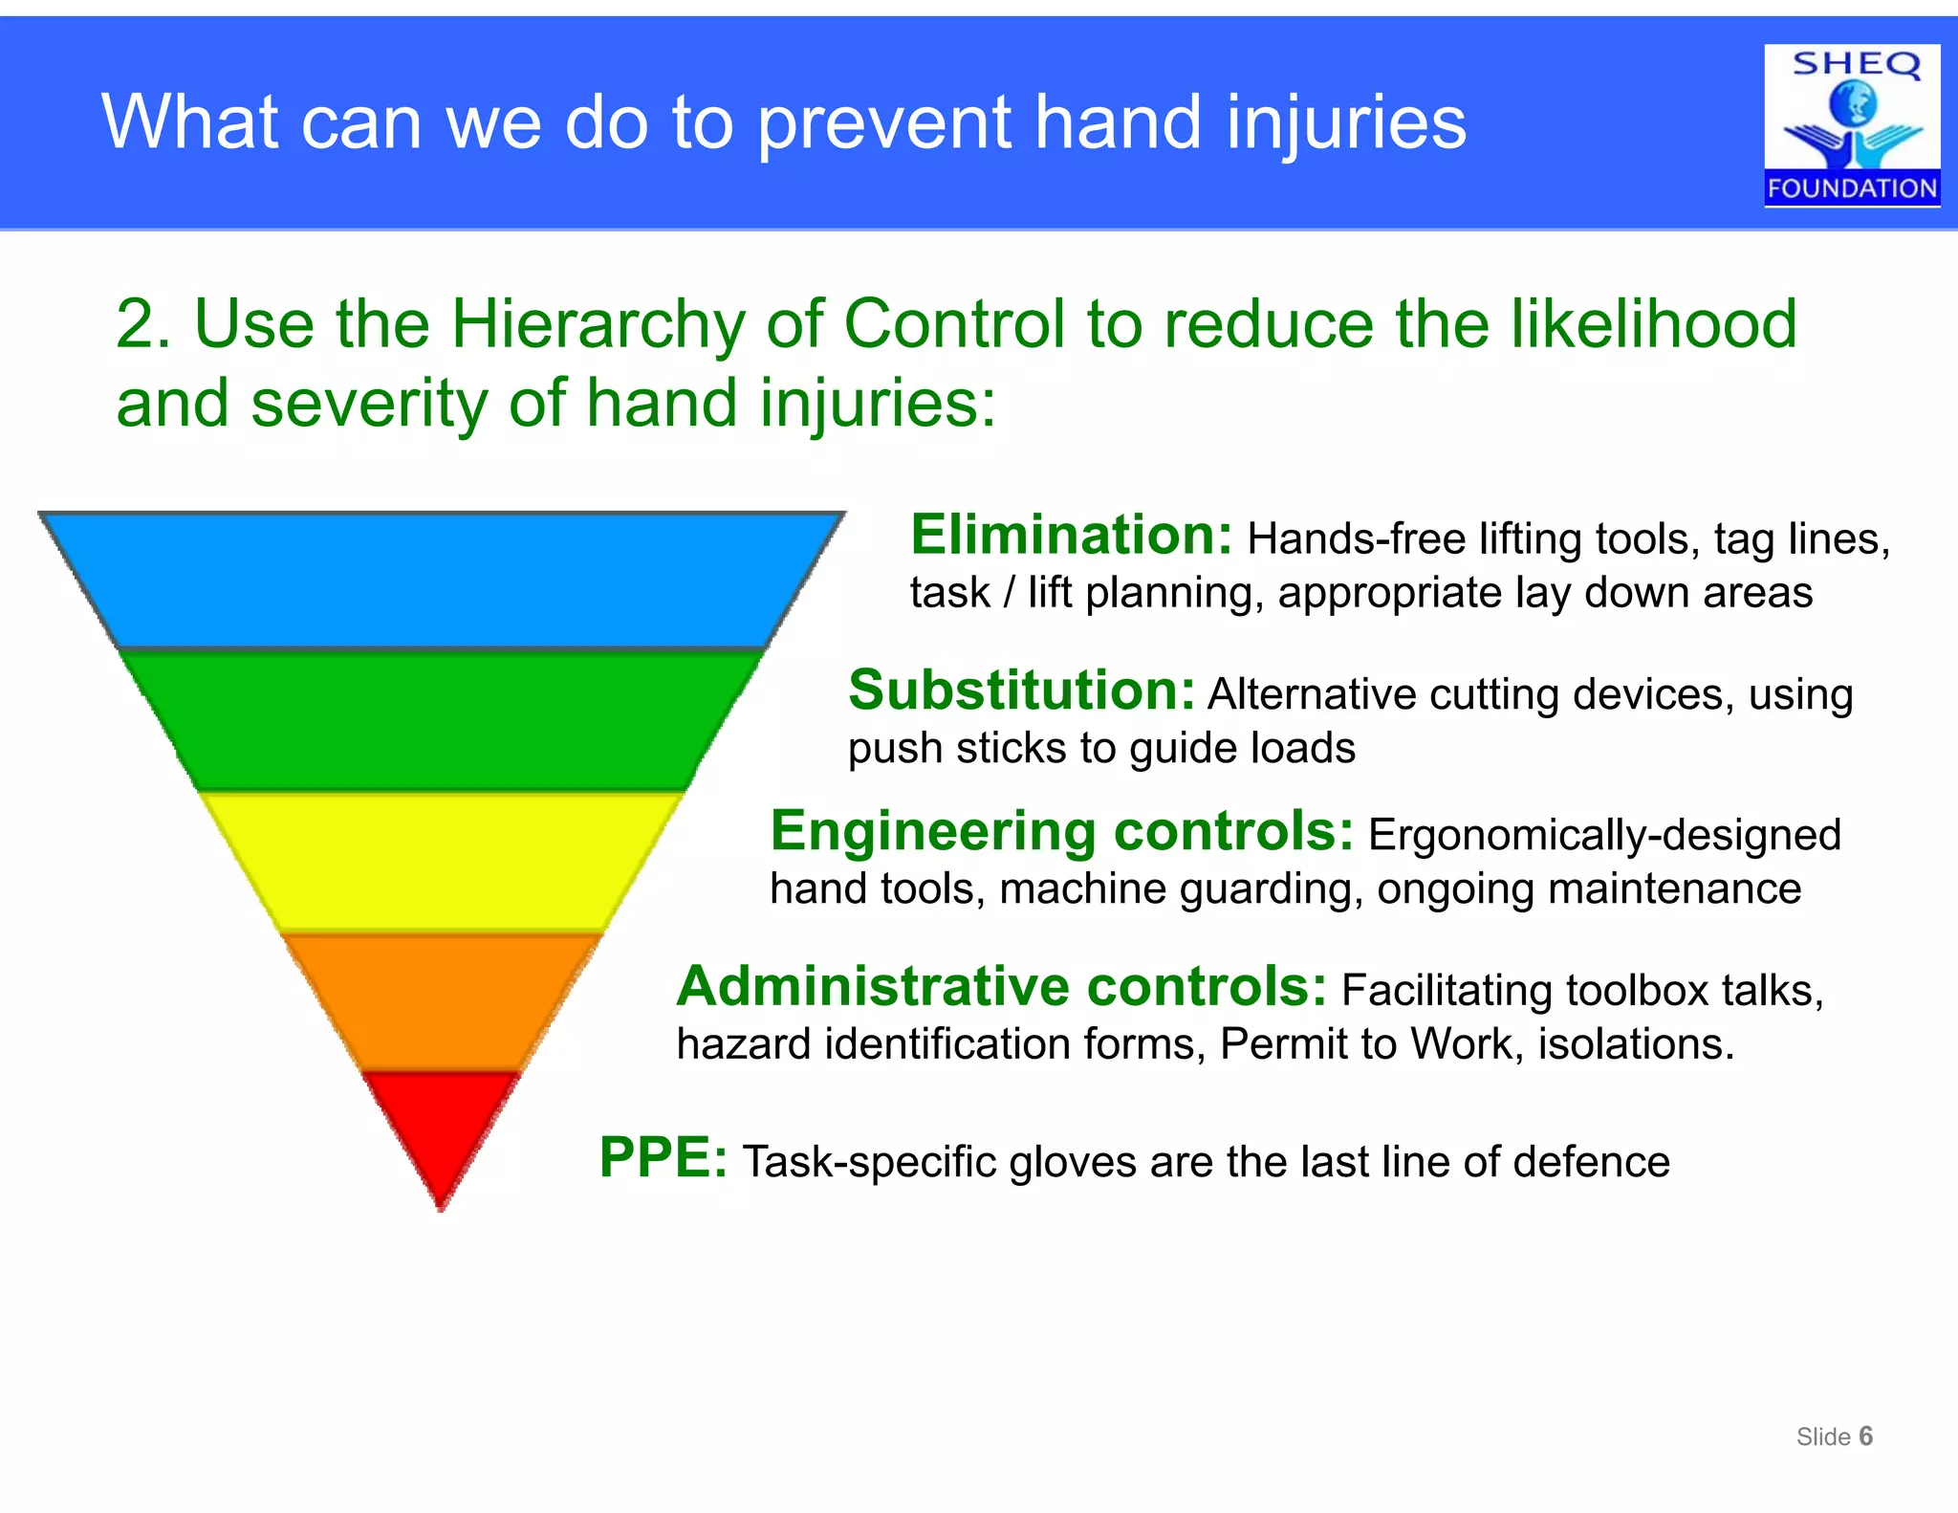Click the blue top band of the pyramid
[442, 581]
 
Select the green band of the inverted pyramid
[442, 720]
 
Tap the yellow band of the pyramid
[442, 861]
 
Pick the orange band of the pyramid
[442, 1001]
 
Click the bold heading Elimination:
[1071, 535]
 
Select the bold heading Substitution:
[1021, 691]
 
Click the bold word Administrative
[873, 986]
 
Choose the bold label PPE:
[663, 1158]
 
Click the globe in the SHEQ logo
[1853, 104]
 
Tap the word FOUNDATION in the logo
[1852, 188]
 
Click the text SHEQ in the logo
[1855, 64]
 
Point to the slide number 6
[1865, 1436]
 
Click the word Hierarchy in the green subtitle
[598, 325]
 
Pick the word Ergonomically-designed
[1604, 835]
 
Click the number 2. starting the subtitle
[143, 325]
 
